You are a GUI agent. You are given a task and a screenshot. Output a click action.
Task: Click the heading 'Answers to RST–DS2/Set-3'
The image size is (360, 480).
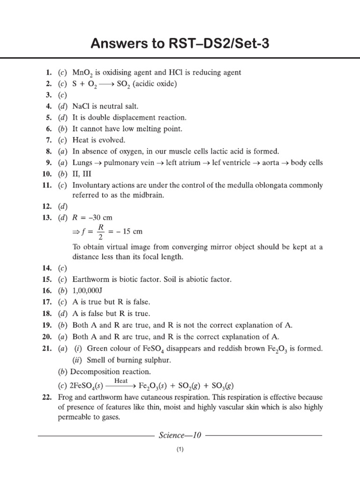[180, 45]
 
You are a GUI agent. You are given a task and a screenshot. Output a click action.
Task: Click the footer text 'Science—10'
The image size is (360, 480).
[180, 435]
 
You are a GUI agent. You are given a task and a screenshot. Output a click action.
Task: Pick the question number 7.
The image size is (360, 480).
[48, 140]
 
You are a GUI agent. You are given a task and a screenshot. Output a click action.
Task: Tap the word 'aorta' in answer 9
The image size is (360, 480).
[275, 163]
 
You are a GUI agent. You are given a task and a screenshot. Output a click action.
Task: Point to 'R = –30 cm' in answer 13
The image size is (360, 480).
[92, 218]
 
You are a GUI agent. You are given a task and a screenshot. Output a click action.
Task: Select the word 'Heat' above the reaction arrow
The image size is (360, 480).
[121, 381]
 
